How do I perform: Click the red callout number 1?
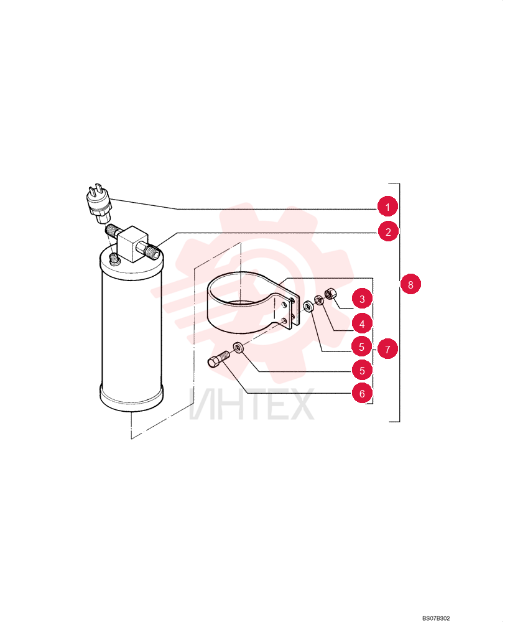tap(387, 207)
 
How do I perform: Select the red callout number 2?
tap(388, 231)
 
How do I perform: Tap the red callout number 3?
tap(362, 299)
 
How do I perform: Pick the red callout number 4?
tap(362, 324)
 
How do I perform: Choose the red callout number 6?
tap(362, 394)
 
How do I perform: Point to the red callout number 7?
tap(387, 349)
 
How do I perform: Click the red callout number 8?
tap(410, 284)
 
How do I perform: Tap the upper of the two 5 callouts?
tap(361, 347)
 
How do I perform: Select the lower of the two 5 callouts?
tap(362, 371)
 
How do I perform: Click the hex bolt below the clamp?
tap(218, 359)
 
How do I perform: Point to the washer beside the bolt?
tap(238, 348)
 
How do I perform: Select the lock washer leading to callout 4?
tap(319, 300)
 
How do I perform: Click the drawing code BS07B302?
tap(436, 618)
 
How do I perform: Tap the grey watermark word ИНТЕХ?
tap(251, 405)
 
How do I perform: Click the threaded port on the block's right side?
tap(153, 251)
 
